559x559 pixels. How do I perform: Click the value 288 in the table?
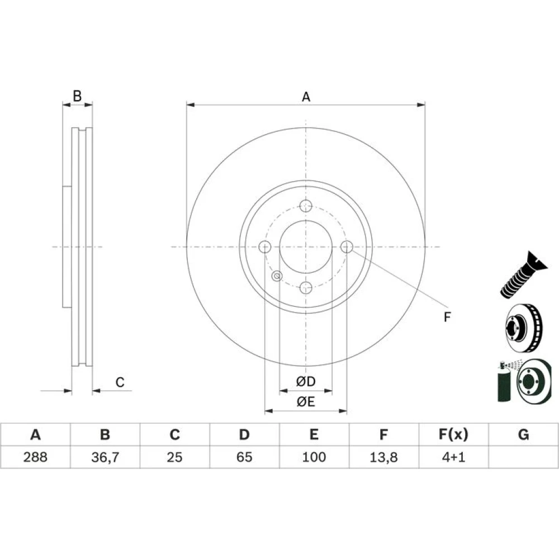pyautogui.click(x=35, y=457)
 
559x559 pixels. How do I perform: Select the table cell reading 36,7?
pyautogui.click(x=105, y=457)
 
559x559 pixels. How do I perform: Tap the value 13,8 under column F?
pyautogui.click(x=383, y=457)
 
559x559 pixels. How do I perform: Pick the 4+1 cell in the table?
pyautogui.click(x=453, y=457)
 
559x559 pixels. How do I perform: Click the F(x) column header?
pyautogui.click(x=453, y=434)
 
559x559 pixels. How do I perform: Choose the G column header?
pyautogui.click(x=523, y=434)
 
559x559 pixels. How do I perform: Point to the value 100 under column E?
pyautogui.click(x=314, y=457)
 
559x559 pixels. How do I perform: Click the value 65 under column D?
pyautogui.click(x=244, y=457)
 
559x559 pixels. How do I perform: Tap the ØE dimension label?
pyautogui.click(x=306, y=402)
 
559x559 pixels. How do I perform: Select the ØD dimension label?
pyautogui.click(x=306, y=381)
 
